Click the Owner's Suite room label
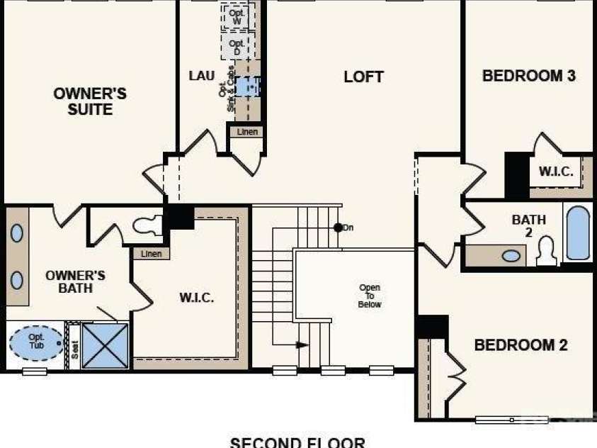[x=90, y=101]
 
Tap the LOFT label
[x=363, y=77]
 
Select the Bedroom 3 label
[x=528, y=76]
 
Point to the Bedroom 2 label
[x=521, y=345]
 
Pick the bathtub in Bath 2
[x=578, y=233]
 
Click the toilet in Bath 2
[x=546, y=252]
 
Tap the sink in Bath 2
[x=511, y=255]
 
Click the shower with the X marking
[x=105, y=346]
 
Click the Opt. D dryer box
[x=237, y=47]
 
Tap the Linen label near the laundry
[x=246, y=132]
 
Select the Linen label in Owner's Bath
[x=151, y=254]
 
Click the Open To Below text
[x=370, y=296]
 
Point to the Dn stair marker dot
[x=339, y=228]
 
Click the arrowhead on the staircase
[x=302, y=345]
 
